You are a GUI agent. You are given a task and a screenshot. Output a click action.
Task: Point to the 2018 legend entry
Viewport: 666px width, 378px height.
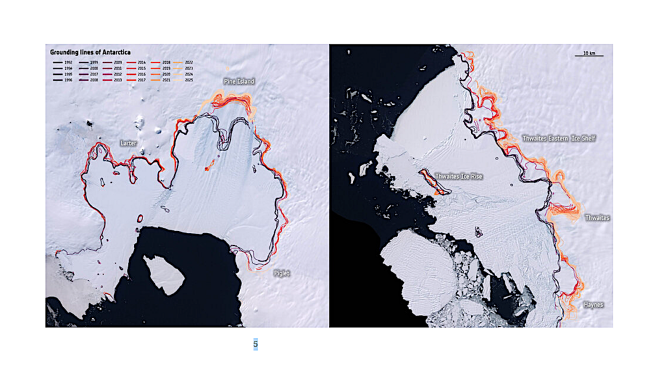[x=161, y=62]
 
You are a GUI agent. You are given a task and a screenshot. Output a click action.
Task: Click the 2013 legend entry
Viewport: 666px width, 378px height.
[x=113, y=80]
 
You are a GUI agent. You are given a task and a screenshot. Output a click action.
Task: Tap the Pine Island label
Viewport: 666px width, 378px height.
[x=239, y=81]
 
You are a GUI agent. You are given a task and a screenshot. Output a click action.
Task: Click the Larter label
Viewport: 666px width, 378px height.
[x=127, y=142]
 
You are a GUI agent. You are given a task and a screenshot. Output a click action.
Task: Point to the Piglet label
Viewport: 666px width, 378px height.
[x=281, y=273]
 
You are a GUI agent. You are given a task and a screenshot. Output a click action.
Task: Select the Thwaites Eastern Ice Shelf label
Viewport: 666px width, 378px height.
[x=559, y=139]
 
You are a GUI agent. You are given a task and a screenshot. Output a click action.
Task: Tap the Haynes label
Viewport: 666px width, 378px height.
[x=593, y=304]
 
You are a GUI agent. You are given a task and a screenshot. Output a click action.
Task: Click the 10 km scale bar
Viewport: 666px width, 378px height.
[x=589, y=54]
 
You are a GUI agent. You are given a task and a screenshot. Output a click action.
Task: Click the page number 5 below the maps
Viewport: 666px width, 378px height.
[x=256, y=344]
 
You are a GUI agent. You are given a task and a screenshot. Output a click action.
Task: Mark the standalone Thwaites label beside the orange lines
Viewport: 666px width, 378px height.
[x=597, y=218]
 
